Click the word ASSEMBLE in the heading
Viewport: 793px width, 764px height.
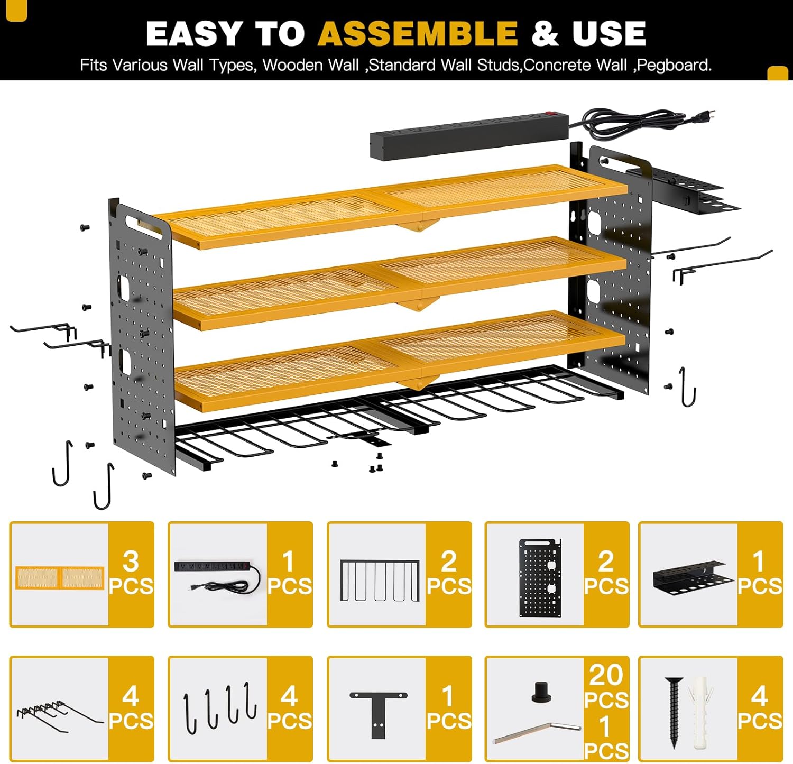(x=417, y=34)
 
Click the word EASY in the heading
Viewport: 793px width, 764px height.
(x=193, y=34)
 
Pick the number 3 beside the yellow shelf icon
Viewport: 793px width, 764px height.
(x=131, y=561)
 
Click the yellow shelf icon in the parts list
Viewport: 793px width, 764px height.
(x=60, y=577)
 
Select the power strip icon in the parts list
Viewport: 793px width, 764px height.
(x=217, y=575)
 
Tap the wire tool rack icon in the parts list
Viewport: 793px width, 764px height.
(x=380, y=580)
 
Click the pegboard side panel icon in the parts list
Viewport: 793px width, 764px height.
(x=539, y=577)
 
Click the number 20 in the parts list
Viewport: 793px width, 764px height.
(x=606, y=675)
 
